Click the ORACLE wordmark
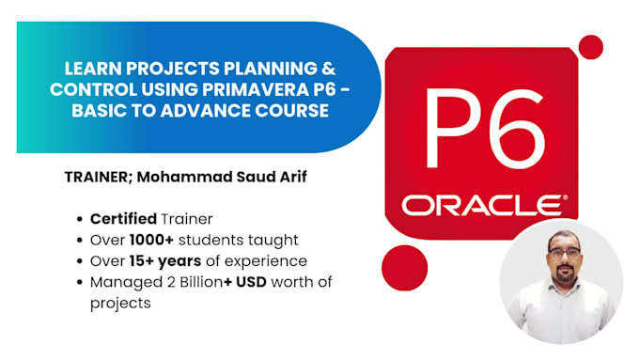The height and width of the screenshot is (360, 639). click(483, 205)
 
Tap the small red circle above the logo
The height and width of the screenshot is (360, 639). click(590, 46)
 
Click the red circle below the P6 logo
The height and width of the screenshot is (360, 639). click(405, 267)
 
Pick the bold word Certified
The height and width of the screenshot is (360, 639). click(123, 219)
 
